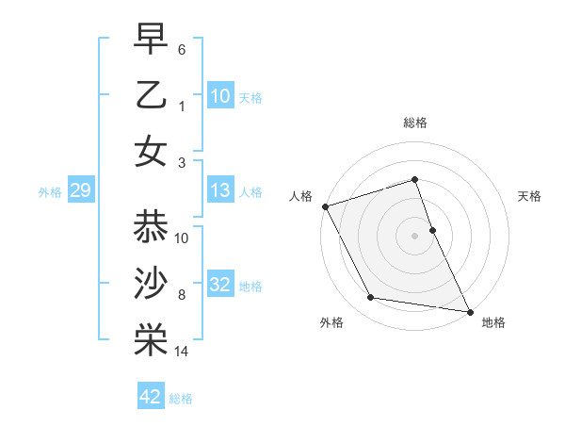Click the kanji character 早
152,40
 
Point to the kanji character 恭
152,227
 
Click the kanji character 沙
152,284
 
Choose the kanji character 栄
152,340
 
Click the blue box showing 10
219,96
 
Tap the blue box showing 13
219,191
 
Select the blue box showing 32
219,285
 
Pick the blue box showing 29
80,191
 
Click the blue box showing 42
151,397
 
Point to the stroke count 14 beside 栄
182,353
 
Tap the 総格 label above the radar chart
415,123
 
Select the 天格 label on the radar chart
530,196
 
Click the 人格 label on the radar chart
300,196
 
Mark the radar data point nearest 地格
469,310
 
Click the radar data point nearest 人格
325,205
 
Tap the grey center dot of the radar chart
415,235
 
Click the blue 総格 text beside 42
181,399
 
